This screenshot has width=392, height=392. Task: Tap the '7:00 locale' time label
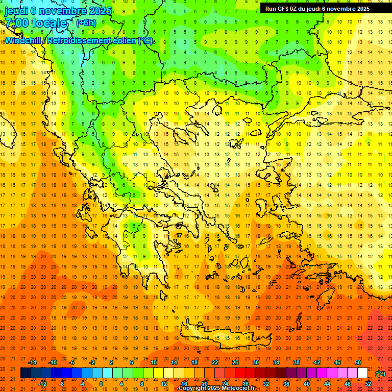tap(36, 23)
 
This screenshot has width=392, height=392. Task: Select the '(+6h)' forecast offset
tap(85, 23)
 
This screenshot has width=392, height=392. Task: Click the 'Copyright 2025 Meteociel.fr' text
tap(216, 388)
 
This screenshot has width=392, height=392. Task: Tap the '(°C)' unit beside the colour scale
tap(380, 374)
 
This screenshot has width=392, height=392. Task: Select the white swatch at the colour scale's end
tap(363, 373)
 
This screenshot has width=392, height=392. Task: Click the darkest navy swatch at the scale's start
tap(26, 373)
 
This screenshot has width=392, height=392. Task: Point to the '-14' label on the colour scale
tap(33, 362)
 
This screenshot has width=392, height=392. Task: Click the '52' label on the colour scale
tap(368, 384)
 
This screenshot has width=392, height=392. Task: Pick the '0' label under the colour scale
tap(101, 384)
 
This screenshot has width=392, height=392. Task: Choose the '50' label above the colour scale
tap(358, 362)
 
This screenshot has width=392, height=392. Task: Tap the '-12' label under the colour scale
tap(42, 384)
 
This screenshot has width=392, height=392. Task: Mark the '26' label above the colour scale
tap(235, 362)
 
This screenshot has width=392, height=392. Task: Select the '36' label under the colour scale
tap(286, 384)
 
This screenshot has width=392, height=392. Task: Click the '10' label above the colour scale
tap(154, 362)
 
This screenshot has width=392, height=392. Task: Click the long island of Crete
tap(219, 337)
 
